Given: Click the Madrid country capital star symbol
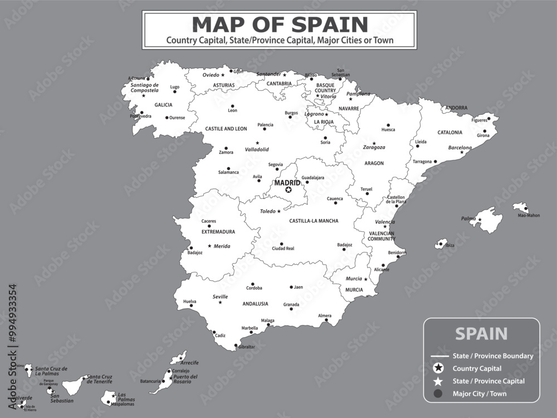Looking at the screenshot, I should (x=289, y=190).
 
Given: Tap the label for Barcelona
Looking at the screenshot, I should (x=460, y=148).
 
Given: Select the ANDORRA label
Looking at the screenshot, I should (x=456, y=108).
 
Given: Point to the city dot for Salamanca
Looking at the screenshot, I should (x=228, y=168).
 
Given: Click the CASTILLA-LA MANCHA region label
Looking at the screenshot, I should (x=314, y=221).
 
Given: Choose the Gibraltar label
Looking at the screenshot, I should (x=247, y=347).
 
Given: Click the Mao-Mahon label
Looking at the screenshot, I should (x=529, y=215).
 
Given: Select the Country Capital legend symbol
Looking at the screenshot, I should (x=439, y=368).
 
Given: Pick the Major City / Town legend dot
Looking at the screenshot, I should (x=439, y=394).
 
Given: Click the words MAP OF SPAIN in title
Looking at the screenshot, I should (x=280, y=25).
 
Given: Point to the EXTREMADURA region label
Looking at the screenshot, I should (x=218, y=231).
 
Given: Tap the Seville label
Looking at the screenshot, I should (x=221, y=297).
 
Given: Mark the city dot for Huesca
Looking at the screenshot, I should (x=388, y=125).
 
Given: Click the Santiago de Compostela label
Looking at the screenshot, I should (x=144, y=88).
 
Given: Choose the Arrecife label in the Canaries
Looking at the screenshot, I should (x=189, y=362).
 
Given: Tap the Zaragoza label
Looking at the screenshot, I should (x=374, y=148).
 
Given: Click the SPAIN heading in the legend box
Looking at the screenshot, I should (x=481, y=334).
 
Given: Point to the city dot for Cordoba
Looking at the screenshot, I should (x=253, y=284).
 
